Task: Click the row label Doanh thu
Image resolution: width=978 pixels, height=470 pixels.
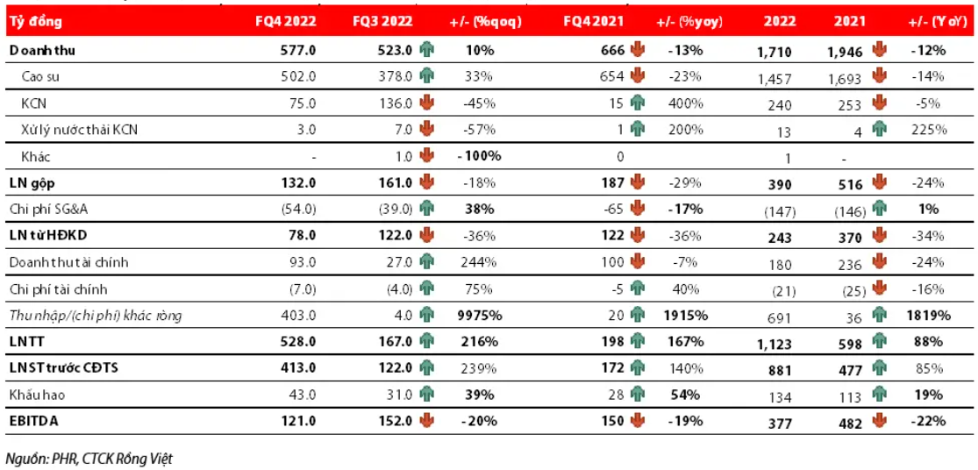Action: (43, 51)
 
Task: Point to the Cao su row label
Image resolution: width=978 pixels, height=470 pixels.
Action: (41, 77)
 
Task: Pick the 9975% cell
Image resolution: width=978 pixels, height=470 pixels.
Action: (479, 316)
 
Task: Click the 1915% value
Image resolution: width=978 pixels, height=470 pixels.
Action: (684, 316)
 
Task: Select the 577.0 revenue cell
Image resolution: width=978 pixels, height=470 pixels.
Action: (298, 51)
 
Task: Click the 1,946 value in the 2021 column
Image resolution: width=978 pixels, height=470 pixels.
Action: (843, 52)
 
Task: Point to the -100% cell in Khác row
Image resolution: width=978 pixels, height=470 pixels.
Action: (479, 156)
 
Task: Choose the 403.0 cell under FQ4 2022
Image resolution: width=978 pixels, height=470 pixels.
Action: (298, 316)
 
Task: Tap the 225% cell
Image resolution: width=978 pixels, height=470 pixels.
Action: (929, 130)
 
